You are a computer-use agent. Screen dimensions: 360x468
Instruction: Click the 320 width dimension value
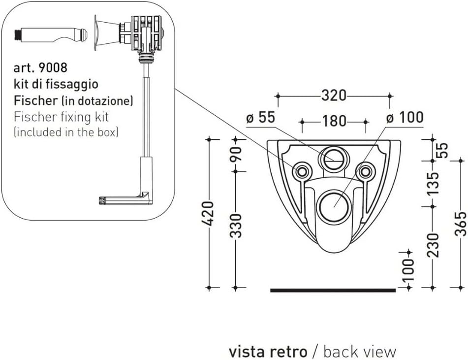click(x=334, y=95)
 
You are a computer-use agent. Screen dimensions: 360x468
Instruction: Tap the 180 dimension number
click(x=334, y=121)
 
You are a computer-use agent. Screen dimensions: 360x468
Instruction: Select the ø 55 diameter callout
click(x=260, y=118)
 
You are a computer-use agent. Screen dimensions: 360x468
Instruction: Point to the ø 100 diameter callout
click(x=405, y=118)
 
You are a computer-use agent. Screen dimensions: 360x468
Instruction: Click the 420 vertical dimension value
click(x=209, y=213)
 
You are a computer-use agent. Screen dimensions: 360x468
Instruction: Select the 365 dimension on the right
click(x=461, y=225)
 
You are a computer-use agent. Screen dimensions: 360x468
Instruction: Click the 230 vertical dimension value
click(x=433, y=245)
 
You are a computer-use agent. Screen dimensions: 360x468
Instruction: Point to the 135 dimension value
click(x=433, y=183)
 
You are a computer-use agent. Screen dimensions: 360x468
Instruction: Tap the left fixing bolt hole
click(x=302, y=171)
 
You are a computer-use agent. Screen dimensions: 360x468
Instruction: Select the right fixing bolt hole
click(x=365, y=171)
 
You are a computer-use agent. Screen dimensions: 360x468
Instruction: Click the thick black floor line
click(x=333, y=290)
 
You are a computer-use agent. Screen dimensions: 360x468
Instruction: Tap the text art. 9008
click(x=41, y=66)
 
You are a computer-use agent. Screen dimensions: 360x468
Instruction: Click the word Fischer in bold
click(x=35, y=100)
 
